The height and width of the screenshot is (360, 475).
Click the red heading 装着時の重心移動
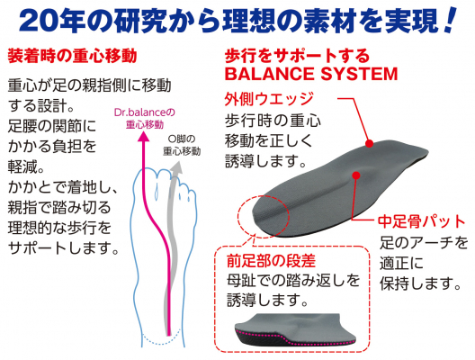tap(72, 56)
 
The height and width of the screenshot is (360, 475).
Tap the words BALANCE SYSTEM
tap(311, 74)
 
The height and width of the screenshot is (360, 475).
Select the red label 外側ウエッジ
tap(269, 99)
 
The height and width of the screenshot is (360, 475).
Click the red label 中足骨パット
tap(422, 221)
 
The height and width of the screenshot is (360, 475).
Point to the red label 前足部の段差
tap(271, 261)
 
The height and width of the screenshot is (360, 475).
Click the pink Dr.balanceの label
tap(145, 112)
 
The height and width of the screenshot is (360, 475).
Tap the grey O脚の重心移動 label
tap(182, 145)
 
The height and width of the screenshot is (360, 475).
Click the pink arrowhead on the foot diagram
tap(144, 138)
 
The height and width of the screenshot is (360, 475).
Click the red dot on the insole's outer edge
tap(369, 143)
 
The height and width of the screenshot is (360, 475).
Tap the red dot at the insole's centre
tap(356, 175)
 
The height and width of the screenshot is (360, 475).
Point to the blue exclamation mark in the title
tap(450, 20)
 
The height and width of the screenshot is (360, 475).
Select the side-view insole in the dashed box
tap(295, 329)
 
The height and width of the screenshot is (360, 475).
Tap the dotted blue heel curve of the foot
tap(161, 342)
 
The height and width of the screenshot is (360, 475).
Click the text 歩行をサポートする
tap(297, 56)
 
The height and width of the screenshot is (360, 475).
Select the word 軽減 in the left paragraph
tap(22, 166)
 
